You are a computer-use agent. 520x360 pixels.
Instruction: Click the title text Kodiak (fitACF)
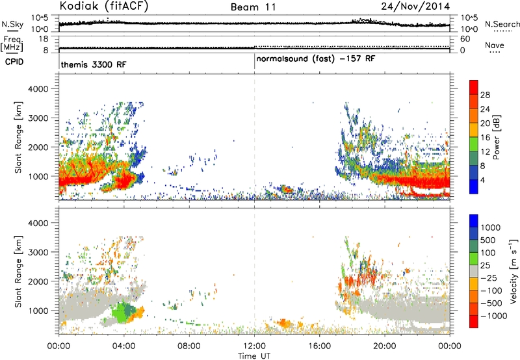pyautogui.click(x=104, y=6)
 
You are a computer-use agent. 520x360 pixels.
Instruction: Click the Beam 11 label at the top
pyautogui.click(x=253, y=7)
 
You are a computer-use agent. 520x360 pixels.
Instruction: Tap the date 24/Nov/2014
pyautogui.click(x=415, y=6)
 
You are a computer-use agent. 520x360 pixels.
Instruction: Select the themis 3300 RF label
pyautogui.click(x=94, y=64)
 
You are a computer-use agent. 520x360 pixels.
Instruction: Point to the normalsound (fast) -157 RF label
pyautogui.click(x=316, y=58)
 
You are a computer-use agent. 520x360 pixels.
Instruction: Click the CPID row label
pyautogui.click(x=14, y=62)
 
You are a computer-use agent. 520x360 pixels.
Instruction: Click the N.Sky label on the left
pyautogui.click(x=12, y=24)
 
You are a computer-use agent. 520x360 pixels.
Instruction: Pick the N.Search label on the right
pyautogui.click(x=502, y=24)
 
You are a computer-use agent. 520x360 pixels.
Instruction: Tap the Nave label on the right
pyautogui.click(x=494, y=45)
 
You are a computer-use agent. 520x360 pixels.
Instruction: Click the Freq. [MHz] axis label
pyautogui.click(x=12, y=44)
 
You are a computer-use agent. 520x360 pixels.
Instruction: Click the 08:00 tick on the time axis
pyautogui.click(x=189, y=346)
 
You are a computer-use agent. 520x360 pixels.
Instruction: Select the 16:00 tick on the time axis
pyautogui.click(x=319, y=346)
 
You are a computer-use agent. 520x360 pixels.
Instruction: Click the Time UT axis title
pyautogui.click(x=254, y=355)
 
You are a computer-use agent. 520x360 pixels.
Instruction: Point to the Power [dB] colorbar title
pyautogui.click(x=496, y=137)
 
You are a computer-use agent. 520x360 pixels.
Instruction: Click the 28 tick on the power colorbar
pyautogui.click(x=485, y=95)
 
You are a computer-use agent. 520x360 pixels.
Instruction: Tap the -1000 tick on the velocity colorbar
pyautogui.click(x=494, y=316)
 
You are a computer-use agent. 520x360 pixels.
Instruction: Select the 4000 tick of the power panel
pyautogui.click(x=39, y=89)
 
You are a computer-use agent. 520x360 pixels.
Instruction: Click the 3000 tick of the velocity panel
pyautogui.click(x=39, y=252)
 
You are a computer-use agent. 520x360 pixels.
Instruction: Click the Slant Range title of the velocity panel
pyautogui.click(x=18, y=272)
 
